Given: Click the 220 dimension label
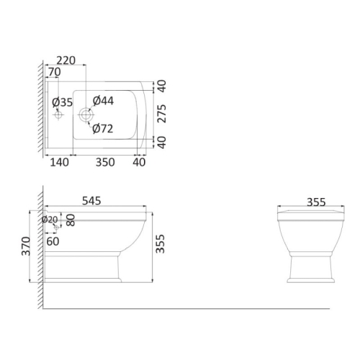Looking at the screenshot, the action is point(66,60).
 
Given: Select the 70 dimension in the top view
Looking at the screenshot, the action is point(55,72).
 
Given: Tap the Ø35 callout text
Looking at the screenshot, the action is point(63,102).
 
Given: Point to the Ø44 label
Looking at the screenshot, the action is point(103,101).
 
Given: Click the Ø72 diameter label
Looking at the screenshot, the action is point(103,129).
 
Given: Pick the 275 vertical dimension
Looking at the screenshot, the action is point(162,114).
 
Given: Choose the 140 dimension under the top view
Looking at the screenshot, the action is point(59,163).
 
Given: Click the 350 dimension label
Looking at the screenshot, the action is point(105,163).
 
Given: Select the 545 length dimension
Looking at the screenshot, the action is point(91,201).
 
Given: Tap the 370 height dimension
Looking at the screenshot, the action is point(26,246).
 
